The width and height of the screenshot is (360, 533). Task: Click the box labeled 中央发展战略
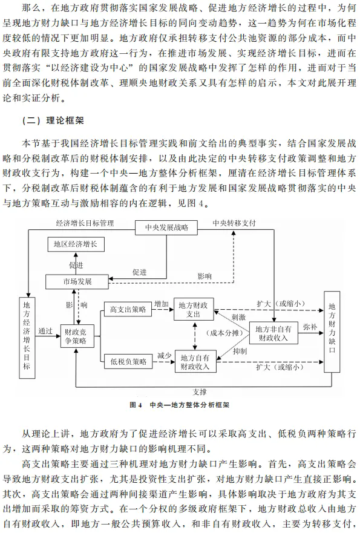166,227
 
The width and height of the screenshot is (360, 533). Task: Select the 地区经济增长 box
76,244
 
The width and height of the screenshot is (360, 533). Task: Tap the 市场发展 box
77,281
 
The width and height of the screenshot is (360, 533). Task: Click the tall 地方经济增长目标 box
27,337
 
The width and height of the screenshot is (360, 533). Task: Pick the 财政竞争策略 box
76,336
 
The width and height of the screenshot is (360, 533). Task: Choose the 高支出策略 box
128,309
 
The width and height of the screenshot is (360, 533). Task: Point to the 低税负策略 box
128,361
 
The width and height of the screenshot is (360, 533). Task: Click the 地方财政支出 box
194,309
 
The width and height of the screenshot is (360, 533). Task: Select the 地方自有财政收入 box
195,361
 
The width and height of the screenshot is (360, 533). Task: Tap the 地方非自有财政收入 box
273,333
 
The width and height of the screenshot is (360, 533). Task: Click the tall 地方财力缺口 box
332,332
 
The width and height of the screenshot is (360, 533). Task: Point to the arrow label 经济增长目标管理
85,223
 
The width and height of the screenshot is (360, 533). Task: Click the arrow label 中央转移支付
234,223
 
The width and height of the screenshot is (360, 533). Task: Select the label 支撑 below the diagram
200,392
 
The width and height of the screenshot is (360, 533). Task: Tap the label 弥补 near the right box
310,327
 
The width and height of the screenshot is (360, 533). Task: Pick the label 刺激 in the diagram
238,317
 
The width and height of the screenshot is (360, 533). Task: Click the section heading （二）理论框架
53,120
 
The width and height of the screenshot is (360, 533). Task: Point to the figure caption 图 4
136,405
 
